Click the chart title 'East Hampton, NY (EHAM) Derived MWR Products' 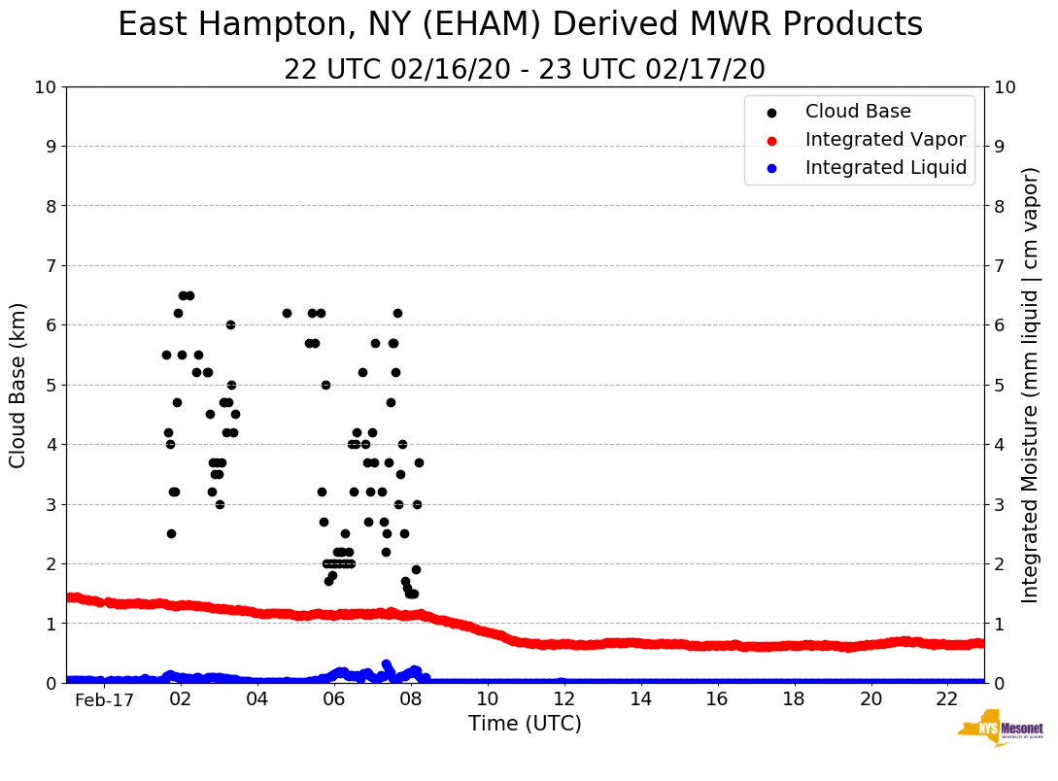point(520,25)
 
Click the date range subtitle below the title point(525,70)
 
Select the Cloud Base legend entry point(858,112)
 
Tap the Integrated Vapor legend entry point(885,140)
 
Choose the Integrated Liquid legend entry point(886,168)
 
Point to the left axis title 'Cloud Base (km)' point(18,385)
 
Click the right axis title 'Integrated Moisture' point(1031,385)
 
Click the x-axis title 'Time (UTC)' point(525,724)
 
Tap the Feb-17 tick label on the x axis point(104,699)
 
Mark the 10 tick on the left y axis point(45,87)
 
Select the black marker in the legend point(772,113)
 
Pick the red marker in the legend point(772,140)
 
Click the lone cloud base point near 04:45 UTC point(287,313)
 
